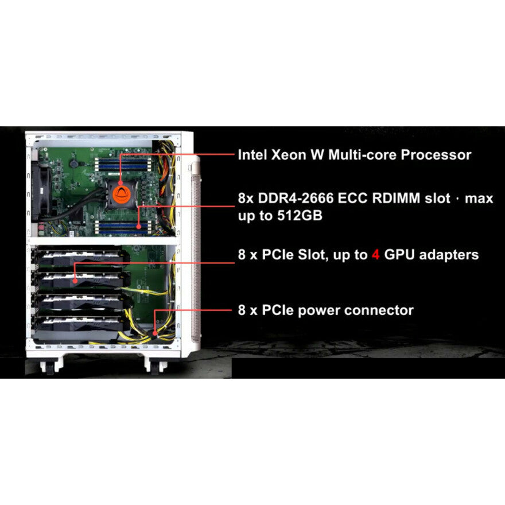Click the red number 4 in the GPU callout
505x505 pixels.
pos(376,255)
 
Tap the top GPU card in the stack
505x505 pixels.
pos(77,259)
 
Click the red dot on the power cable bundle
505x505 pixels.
pos(156,331)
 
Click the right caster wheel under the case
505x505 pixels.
pos(151,364)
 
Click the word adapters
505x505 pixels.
pos(450,255)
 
